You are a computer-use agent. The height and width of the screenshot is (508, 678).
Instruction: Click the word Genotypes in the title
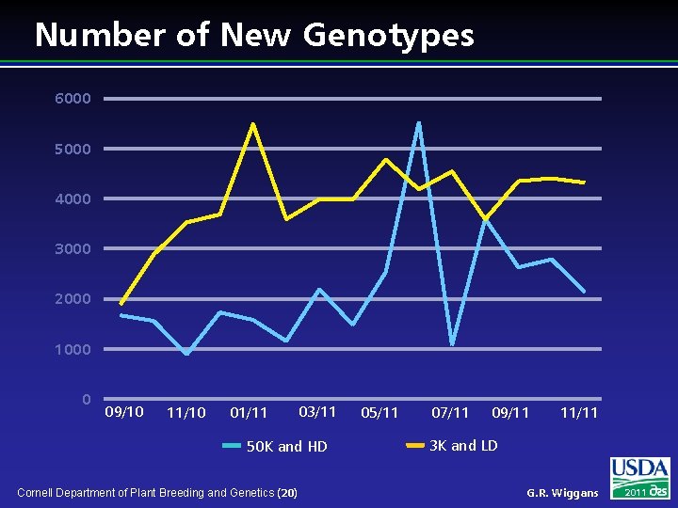tap(388, 36)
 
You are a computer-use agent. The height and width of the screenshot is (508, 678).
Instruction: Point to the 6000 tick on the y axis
tap(73, 99)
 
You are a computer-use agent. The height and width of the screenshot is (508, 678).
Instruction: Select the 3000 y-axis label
tap(73, 249)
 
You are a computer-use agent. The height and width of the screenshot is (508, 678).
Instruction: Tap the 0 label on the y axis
tap(86, 400)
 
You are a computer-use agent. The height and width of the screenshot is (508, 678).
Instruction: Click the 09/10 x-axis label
tap(124, 412)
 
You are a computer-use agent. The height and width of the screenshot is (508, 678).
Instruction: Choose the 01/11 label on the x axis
tap(249, 413)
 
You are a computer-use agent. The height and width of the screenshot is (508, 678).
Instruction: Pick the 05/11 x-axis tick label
tap(379, 413)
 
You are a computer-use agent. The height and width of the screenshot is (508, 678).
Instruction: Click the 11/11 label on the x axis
tap(579, 413)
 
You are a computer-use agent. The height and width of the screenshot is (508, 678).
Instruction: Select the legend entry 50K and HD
tap(285, 447)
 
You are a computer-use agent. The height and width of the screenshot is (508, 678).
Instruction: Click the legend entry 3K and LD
tap(462, 446)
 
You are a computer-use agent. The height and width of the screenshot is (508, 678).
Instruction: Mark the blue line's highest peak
tap(418, 123)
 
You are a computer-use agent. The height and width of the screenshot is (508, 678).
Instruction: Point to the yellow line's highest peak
tap(252, 124)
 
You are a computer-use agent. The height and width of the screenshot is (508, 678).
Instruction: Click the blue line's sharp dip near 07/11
tap(452, 343)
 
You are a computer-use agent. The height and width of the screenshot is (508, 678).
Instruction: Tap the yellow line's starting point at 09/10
tap(121, 304)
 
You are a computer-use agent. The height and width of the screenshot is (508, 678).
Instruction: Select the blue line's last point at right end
tap(584, 291)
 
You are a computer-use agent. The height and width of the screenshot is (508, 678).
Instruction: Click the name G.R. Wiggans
tap(562, 493)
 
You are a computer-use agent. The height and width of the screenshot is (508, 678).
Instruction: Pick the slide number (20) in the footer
tap(288, 493)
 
